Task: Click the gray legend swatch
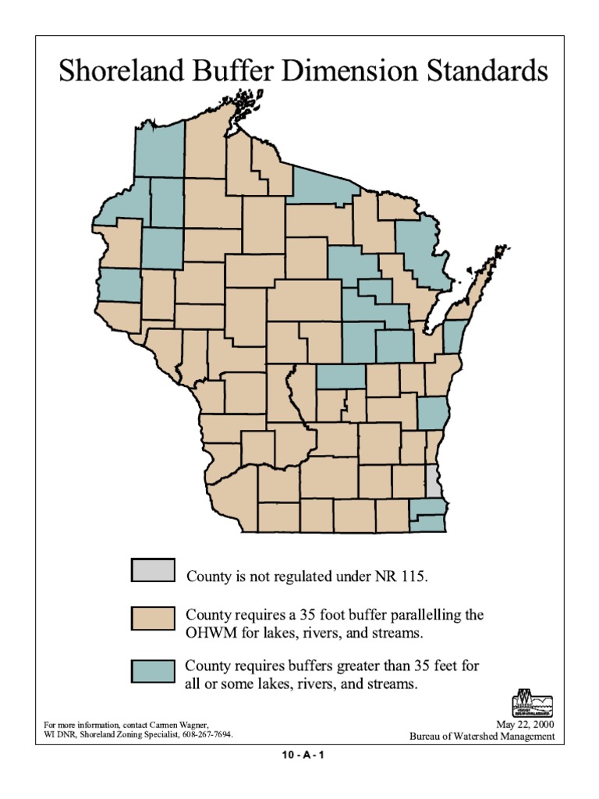coord(154,570)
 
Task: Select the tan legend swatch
coord(154,617)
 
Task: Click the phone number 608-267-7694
coord(207,735)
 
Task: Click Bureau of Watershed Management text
coord(483,736)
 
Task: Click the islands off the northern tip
coord(251,101)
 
